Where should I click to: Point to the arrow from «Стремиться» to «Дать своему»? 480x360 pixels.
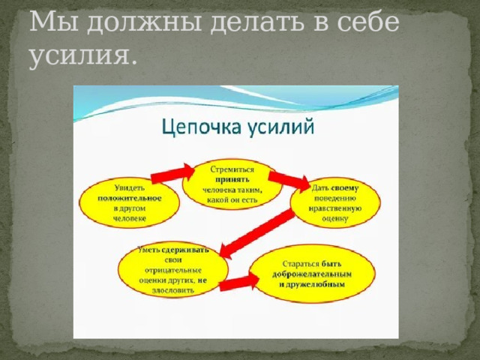(289, 181)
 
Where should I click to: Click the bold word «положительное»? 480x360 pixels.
(129, 197)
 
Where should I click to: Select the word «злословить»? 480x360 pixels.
(174, 289)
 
